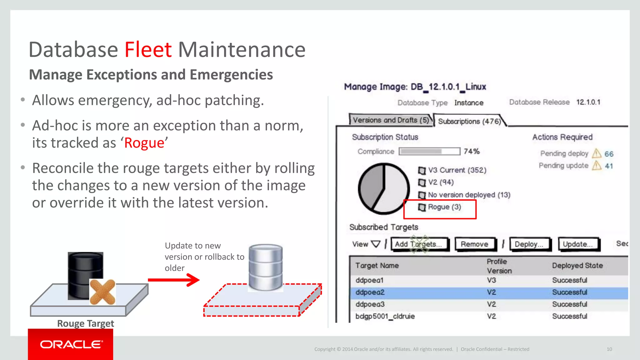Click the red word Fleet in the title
148,50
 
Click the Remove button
474,244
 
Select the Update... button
578,244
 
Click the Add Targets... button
419,244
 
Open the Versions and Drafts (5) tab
391,120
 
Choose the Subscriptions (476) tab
469,121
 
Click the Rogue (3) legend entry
444,207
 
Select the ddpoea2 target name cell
370,292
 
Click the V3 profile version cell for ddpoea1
491,280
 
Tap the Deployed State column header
577,265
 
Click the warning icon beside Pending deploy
597,153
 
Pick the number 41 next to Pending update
609,166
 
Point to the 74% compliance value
472,151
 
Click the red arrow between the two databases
174,280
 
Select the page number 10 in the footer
609,349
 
